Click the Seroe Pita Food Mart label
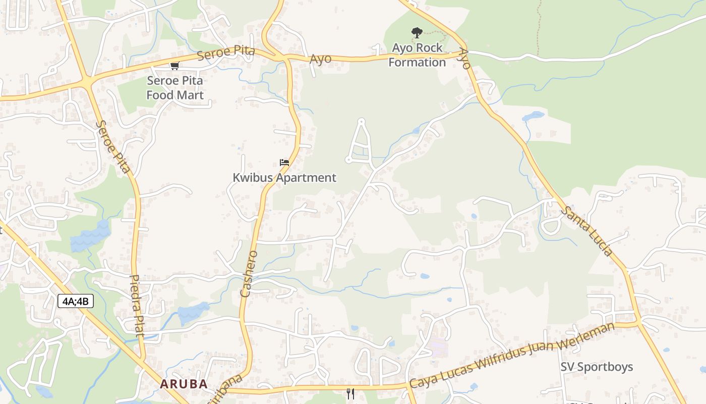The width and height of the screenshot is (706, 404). (175, 88)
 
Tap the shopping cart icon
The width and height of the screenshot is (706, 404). (174, 66)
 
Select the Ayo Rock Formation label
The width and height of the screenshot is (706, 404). (417, 55)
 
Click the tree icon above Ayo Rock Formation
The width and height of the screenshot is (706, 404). (417, 33)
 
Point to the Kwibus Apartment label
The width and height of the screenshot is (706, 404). (284, 178)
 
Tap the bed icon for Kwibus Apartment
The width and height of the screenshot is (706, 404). (284, 163)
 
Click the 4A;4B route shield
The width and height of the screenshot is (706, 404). (76, 301)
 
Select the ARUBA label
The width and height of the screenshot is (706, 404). (184, 384)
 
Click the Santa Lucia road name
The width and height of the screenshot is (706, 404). (587, 230)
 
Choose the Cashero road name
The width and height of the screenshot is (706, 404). (250, 274)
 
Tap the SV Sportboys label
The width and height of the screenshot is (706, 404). (597, 367)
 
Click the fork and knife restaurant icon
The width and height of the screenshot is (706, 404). (350, 393)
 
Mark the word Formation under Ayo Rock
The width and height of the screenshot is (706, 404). (417, 63)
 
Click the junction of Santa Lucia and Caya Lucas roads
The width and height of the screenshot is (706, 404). (638, 322)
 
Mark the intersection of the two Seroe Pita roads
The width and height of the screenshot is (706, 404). (88, 81)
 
